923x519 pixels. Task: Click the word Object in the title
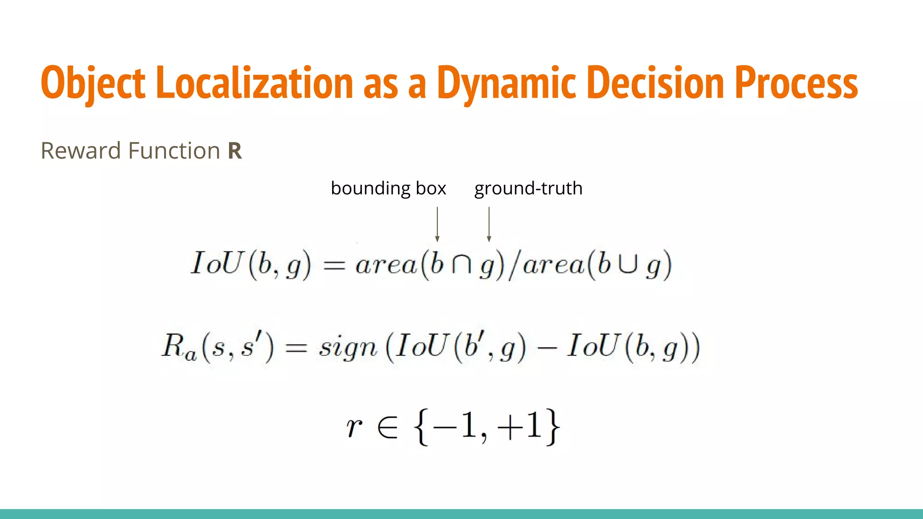click(93, 83)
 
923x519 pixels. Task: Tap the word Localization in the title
click(254, 83)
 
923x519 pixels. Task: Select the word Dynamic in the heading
click(506, 83)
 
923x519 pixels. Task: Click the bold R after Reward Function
click(235, 151)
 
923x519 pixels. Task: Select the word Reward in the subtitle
click(81, 151)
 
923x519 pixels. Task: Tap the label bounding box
click(388, 188)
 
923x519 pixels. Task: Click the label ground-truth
click(528, 188)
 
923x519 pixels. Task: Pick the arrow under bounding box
click(437, 224)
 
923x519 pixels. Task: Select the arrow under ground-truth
click(489, 224)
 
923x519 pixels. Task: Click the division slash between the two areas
click(513, 265)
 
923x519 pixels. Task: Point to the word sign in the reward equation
click(347, 347)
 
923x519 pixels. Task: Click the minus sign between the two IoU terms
click(547, 347)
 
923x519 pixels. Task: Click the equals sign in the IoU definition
click(334, 265)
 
